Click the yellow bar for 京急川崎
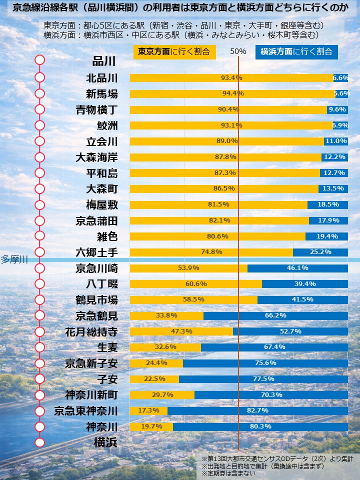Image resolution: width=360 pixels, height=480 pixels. pos(188,268)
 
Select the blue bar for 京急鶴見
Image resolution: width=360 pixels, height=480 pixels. pos(275,316)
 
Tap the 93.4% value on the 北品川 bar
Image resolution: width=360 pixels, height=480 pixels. pos(231,78)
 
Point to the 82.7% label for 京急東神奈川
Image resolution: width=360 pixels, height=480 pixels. pos(257,410)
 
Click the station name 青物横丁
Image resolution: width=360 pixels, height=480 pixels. pos(96,109)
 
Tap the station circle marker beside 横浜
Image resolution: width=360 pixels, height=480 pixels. pos(40,442)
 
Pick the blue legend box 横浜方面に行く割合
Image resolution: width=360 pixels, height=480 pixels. pos(296,52)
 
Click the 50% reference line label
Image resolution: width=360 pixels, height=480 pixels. pos(238,52)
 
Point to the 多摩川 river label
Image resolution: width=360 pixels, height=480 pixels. pos(13,259)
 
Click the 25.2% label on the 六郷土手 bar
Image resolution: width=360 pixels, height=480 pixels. pos(320,252)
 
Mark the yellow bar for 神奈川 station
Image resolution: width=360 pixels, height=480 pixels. pos(151,427)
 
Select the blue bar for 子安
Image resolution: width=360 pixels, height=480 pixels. pos(263,379)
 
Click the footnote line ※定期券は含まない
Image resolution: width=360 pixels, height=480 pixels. pos(228,473)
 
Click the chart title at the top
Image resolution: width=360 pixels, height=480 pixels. pos(179,8)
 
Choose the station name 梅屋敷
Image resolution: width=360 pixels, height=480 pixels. pos(102,204)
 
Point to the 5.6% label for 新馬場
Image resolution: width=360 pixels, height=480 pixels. pos(341,93)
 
